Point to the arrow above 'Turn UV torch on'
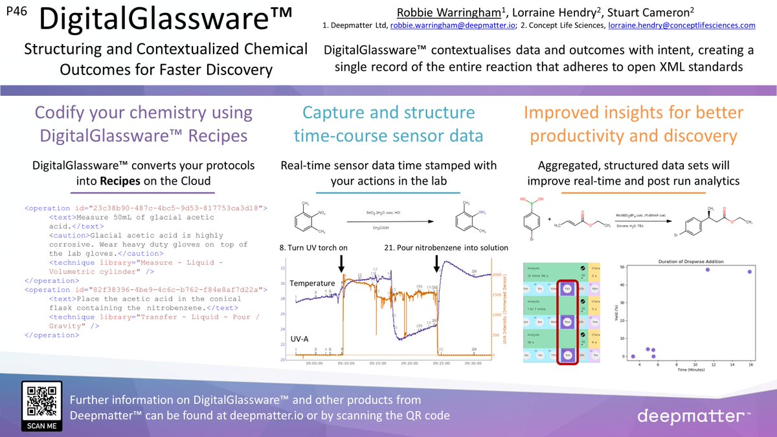click(x=342, y=262)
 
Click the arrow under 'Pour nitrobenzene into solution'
click(x=437, y=262)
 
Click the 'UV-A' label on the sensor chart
click(x=300, y=339)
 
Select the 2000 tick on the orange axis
click(x=497, y=275)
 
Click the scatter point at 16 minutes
click(x=749, y=272)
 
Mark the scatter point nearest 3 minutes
click(x=633, y=356)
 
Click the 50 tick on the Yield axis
click(x=622, y=267)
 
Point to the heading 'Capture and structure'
click(x=388, y=113)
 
